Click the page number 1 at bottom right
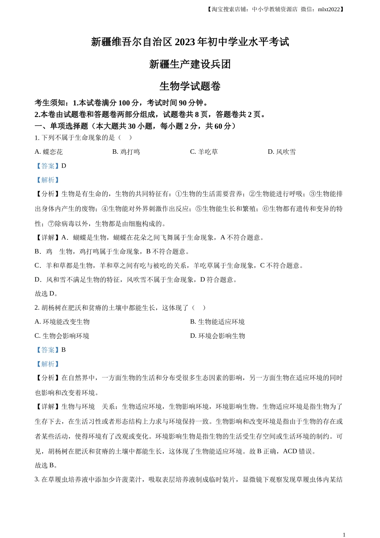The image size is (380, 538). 344,534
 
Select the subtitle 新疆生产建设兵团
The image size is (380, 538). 190,64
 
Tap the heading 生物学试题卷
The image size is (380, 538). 190,86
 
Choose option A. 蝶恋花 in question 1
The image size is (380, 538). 49,152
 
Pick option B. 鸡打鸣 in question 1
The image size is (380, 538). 126,152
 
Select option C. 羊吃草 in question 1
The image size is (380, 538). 204,152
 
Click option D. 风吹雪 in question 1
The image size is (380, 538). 282,152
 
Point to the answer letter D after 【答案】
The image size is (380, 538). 64,166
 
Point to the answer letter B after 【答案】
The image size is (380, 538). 64,350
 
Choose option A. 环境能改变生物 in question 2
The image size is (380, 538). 62,322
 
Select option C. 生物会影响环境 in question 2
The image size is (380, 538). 62,336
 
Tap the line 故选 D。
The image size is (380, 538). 47,293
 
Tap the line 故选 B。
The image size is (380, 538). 47,465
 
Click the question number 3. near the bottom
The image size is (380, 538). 37,480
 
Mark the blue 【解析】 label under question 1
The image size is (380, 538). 48,180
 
